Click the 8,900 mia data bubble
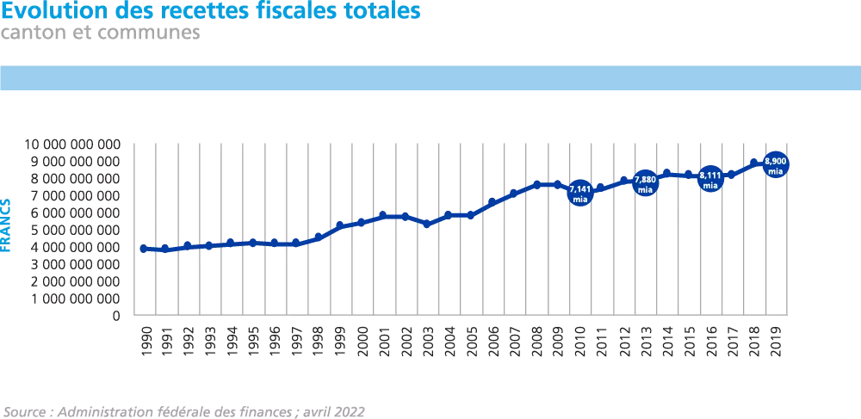[x=775, y=164]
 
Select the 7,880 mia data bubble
[x=645, y=182]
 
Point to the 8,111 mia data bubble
[x=709, y=179]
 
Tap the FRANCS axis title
[x=7, y=225]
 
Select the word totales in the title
[x=375, y=11]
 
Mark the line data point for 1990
[x=144, y=248]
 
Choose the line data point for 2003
[x=427, y=223]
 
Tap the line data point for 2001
[x=383, y=215]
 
